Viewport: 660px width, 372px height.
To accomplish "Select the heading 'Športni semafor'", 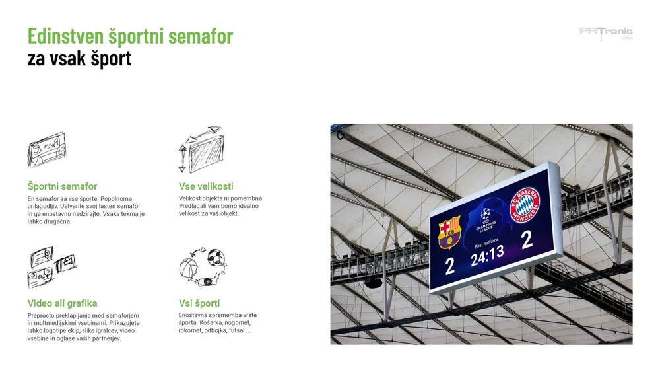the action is click(62, 186).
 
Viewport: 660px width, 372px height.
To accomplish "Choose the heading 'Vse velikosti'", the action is click(206, 186).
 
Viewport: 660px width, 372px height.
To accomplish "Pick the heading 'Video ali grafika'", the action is click(62, 303).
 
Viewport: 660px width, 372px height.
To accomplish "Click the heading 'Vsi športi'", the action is click(199, 303).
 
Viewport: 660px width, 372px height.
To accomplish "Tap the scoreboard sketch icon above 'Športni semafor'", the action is click(47, 149).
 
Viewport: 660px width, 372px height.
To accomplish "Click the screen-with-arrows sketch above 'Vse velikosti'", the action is click(201, 149).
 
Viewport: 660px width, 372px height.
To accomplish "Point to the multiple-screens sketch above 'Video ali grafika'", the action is click(52, 267).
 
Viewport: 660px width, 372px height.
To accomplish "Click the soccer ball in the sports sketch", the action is click(216, 258).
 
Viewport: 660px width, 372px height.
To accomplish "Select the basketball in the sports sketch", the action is click(188, 268).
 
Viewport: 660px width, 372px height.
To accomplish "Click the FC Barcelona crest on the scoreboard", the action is click(449, 232).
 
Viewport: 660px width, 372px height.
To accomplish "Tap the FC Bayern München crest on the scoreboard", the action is click(525, 205).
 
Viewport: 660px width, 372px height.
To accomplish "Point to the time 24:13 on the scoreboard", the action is click(487, 256).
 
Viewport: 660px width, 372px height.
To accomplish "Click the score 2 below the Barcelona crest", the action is click(450, 266).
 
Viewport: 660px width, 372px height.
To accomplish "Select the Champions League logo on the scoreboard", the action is click(486, 219).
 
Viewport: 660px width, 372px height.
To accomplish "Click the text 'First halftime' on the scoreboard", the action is click(486, 243).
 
